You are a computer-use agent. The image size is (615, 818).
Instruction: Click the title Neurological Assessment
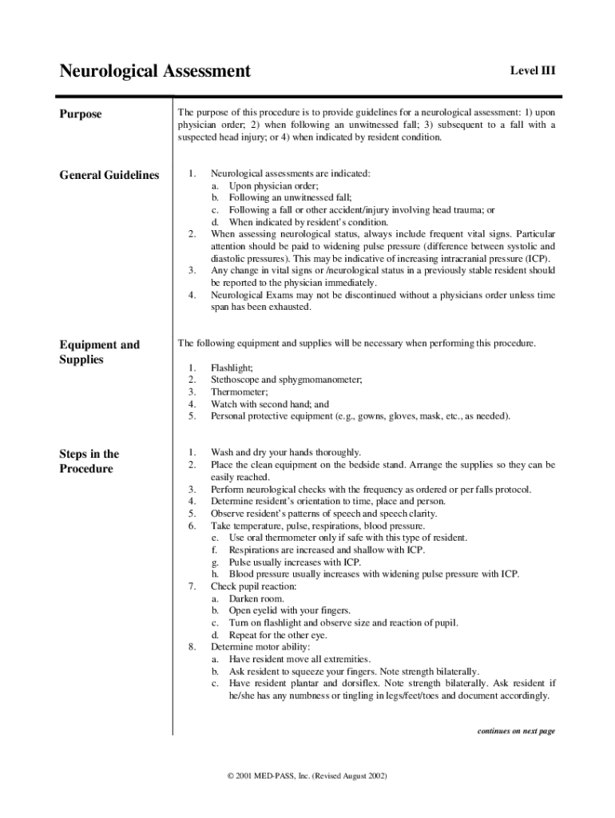(155, 72)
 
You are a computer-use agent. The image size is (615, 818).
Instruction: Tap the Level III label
(533, 71)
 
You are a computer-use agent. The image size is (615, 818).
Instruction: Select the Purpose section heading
(81, 114)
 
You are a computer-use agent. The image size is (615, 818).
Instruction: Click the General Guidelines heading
(109, 175)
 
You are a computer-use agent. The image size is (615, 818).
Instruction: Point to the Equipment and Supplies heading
(100, 352)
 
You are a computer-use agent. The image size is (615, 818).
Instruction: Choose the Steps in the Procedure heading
(89, 461)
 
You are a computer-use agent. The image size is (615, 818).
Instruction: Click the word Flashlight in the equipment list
(232, 368)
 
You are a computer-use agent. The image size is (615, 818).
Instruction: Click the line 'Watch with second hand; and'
(269, 404)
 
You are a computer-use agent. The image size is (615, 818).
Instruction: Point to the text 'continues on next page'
(515, 731)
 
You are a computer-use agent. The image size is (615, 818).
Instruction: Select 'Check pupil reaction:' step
(253, 586)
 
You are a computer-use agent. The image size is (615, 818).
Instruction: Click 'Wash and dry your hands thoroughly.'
(285, 452)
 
